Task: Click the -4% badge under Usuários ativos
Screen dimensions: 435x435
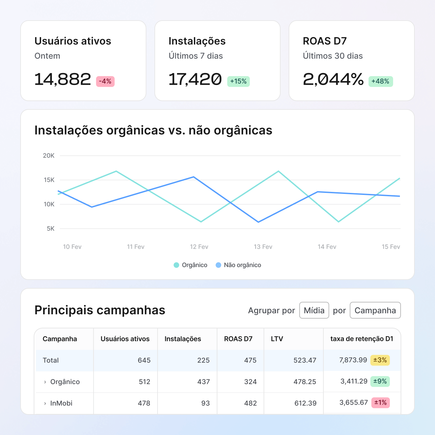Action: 105,82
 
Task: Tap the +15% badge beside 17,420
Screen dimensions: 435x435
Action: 238,82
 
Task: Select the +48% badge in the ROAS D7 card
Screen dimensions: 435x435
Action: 380,82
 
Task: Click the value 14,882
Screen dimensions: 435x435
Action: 63,80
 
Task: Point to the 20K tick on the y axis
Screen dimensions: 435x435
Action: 49,156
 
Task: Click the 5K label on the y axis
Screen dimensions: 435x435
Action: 51,229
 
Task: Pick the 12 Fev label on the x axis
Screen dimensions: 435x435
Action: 199,247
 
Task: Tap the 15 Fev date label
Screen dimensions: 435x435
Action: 391,247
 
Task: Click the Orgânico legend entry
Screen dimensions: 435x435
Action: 191,265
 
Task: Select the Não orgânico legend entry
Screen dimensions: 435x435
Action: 238,265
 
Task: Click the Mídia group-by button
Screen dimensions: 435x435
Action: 314,310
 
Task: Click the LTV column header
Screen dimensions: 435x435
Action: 277,339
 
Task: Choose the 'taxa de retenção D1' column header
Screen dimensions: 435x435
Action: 362,339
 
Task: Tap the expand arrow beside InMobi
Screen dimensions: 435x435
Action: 45,403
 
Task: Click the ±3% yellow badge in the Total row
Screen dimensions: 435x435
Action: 380,360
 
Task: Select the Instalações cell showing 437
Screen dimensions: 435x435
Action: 203,382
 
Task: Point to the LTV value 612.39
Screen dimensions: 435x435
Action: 305,403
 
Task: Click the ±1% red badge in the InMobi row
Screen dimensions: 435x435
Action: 380,403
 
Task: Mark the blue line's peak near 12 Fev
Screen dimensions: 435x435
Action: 194,177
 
